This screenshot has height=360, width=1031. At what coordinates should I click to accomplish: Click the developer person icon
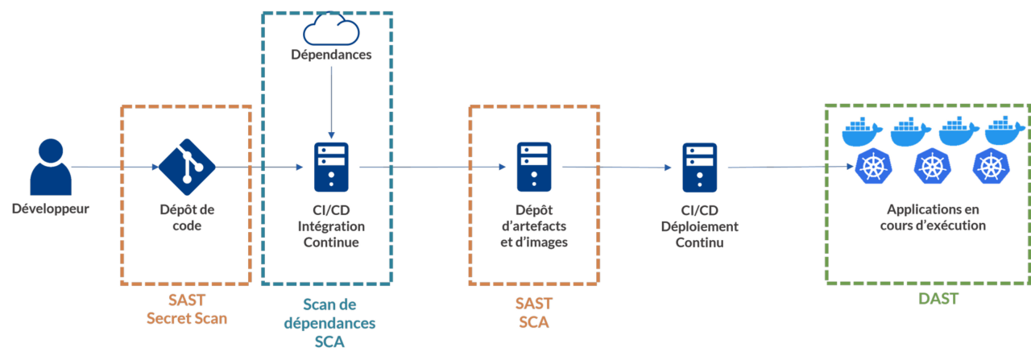(51, 167)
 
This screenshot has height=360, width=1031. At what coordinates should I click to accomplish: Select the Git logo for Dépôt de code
(187, 168)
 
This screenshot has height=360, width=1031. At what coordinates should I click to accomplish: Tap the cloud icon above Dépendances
(331, 31)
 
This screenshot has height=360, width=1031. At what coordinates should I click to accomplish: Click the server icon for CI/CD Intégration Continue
(331, 166)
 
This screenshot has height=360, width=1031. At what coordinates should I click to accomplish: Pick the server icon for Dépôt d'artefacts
(534, 166)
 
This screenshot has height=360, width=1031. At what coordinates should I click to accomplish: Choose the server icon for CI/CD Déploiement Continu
(699, 166)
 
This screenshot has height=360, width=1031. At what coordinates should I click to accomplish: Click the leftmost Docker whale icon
(863, 132)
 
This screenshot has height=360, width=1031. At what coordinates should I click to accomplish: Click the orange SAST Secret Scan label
(186, 309)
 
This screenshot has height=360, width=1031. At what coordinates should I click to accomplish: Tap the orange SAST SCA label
(533, 312)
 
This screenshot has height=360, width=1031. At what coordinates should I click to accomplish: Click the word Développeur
(51, 209)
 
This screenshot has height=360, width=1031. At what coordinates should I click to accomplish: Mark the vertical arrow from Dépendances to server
(331, 101)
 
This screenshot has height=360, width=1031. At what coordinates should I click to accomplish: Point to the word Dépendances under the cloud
(331, 56)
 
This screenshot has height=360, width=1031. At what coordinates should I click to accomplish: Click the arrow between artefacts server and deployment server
(617, 168)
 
